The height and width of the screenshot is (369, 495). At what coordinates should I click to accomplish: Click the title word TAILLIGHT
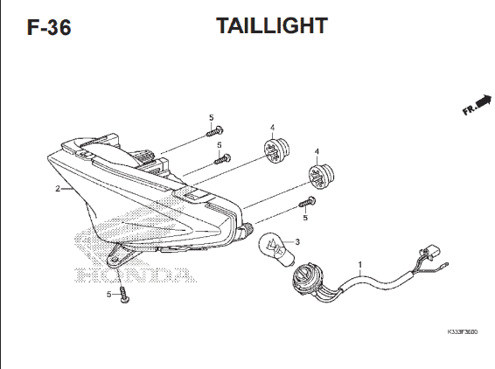point(272,25)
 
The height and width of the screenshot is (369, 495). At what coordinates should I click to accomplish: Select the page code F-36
point(49,27)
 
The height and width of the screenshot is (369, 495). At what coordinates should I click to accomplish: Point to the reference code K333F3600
point(462,331)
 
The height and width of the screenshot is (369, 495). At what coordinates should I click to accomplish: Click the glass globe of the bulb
point(270,244)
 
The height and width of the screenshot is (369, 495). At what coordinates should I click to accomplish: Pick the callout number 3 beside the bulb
point(297,242)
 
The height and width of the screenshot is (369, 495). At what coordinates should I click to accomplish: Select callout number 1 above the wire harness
point(360,265)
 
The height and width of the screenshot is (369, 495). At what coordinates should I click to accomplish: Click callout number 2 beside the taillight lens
point(58,189)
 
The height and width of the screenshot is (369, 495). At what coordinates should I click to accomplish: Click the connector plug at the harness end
point(430,254)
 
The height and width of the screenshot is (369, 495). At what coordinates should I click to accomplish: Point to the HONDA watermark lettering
point(135,275)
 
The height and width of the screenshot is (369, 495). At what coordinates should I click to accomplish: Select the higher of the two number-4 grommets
point(276,150)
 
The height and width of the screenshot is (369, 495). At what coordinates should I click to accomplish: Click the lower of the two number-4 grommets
point(321,176)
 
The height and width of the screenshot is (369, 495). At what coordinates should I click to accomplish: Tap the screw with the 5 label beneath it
point(308,202)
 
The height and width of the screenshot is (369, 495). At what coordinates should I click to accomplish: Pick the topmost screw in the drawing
point(214,131)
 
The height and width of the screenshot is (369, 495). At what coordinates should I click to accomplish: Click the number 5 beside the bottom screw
point(109,294)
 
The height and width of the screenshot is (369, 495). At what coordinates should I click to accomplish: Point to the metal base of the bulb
point(288,261)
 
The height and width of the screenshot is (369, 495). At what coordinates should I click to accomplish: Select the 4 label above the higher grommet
point(272,128)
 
